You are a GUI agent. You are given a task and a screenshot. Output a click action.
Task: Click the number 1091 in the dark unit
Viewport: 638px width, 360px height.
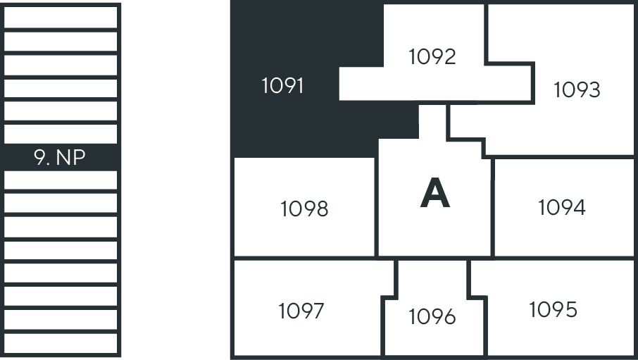pyautogui.click(x=282, y=86)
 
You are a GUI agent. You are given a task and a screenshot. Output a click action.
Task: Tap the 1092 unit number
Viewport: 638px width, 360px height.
pyautogui.click(x=432, y=56)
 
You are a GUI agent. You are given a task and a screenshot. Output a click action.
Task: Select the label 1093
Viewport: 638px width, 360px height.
pyautogui.click(x=577, y=90)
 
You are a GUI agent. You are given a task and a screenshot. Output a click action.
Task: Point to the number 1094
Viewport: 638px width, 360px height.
pyautogui.click(x=561, y=208)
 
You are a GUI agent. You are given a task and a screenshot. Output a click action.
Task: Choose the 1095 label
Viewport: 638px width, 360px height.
pyautogui.click(x=553, y=309)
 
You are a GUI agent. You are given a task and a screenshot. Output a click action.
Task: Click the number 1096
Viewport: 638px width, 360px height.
pyautogui.click(x=432, y=317)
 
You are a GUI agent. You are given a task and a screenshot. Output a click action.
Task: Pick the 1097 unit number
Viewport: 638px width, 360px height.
pyautogui.click(x=301, y=311)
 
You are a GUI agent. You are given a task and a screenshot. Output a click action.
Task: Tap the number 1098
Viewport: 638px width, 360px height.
pyautogui.click(x=304, y=209)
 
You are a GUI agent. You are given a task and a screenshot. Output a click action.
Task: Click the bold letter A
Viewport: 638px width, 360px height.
pyautogui.click(x=434, y=194)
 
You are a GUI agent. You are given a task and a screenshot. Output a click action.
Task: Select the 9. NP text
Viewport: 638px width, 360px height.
pyautogui.click(x=60, y=157)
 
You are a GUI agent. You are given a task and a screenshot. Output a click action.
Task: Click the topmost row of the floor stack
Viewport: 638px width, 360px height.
pyautogui.click(x=61, y=16)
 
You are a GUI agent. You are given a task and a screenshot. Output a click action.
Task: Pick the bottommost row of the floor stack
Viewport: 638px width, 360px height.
pyautogui.click(x=61, y=342)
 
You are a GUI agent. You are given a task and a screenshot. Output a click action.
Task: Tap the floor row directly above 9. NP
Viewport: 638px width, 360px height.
pyautogui.click(x=61, y=133)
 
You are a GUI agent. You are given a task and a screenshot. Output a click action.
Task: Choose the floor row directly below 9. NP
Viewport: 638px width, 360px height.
pyautogui.click(x=61, y=180)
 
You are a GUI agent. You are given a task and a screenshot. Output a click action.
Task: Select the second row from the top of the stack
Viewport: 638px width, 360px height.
pyautogui.click(x=61, y=41)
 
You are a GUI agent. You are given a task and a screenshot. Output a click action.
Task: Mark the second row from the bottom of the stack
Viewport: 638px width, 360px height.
pyautogui.click(x=61, y=319)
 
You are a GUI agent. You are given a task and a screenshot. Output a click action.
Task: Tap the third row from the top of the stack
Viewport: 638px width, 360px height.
pyautogui.click(x=61, y=65)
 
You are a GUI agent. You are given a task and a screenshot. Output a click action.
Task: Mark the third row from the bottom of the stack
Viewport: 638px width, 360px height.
pyautogui.click(x=61, y=296)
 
